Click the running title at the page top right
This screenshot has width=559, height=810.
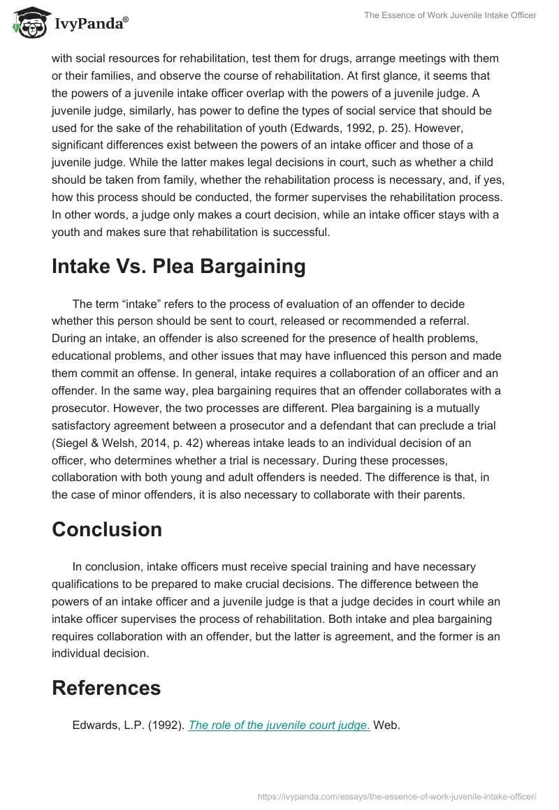coord(450,15)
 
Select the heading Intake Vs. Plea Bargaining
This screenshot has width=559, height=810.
coord(178,266)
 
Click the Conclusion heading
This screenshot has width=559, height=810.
coord(107,529)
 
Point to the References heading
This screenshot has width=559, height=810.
coord(106,688)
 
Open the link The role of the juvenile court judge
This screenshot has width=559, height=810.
coord(279,726)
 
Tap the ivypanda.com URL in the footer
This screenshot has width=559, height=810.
coord(397,796)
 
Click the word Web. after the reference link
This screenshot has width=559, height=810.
coord(387,726)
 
